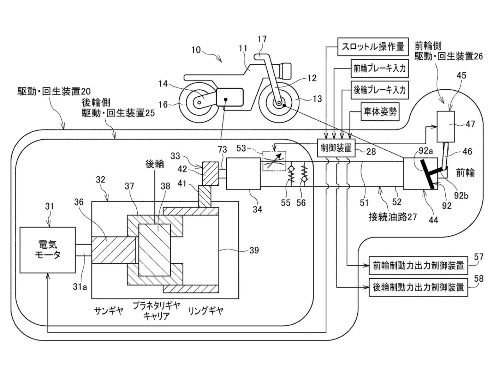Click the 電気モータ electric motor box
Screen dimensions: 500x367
pos(48,250)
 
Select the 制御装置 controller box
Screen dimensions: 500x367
pos(336,148)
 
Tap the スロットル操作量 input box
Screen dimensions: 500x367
pos(373,47)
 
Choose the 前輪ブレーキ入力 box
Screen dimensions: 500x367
pos(380,68)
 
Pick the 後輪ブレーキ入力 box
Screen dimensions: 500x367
pos(380,90)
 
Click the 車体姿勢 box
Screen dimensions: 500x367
pos(380,112)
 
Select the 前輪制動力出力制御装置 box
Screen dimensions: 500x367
pos(418,266)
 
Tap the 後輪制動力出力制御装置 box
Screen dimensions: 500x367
pos(418,287)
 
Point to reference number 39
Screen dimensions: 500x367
pos(254,250)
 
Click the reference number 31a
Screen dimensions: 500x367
pos(80,287)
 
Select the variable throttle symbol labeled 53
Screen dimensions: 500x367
pos(274,161)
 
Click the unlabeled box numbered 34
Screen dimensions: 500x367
pos(243,174)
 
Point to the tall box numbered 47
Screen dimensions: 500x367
pos(446,126)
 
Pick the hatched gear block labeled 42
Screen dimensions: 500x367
pos(210,174)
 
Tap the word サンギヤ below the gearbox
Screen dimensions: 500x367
pos(108,311)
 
